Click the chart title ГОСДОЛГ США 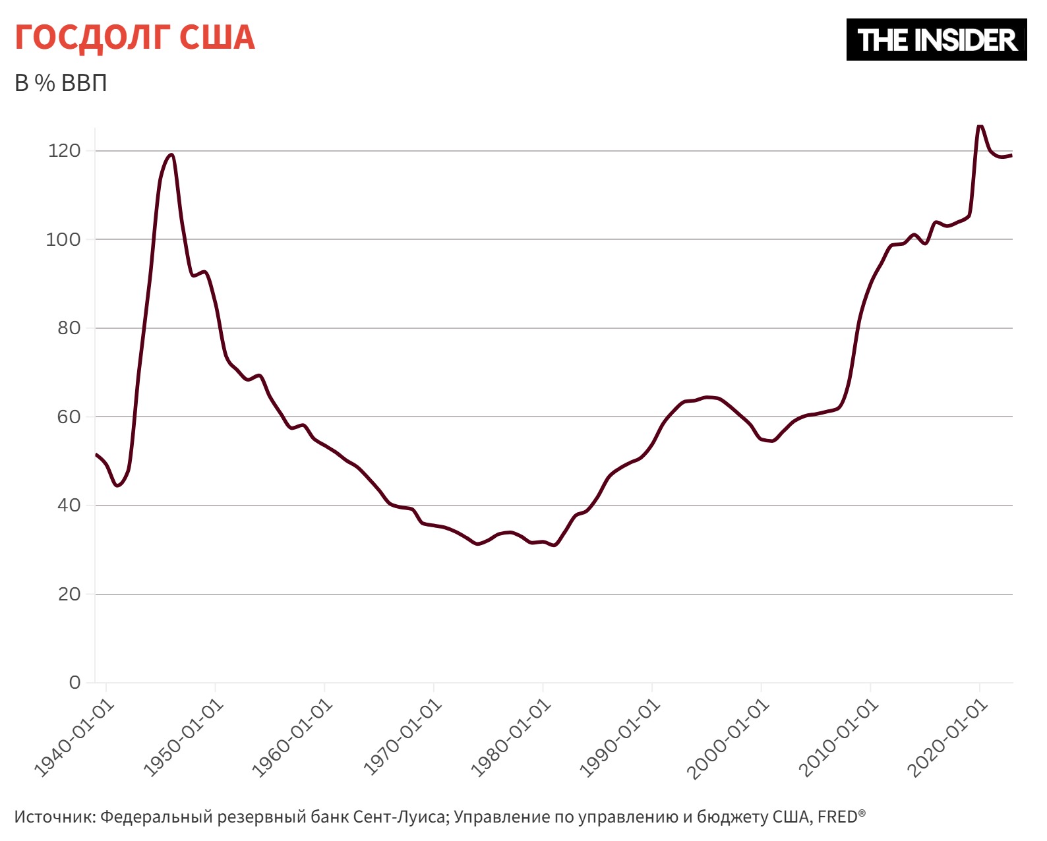coord(135,38)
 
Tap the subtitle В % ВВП coord(61,83)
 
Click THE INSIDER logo coord(936,40)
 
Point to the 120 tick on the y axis coord(64,151)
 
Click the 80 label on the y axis coord(69,328)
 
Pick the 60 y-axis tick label coord(69,417)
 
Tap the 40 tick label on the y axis coord(69,506)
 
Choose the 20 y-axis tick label coord(69,594)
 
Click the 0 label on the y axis coord(75,683)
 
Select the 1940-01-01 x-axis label coord(74,739)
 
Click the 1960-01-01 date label coord(292,739)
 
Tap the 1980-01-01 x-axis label coord(510,739)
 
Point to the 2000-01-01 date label coord(729,739)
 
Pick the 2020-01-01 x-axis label coord(947,739)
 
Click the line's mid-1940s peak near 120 coord(171,155)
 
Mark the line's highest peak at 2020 coord(980,125)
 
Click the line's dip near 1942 coord(117,486)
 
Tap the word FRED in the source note coord(837,817)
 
